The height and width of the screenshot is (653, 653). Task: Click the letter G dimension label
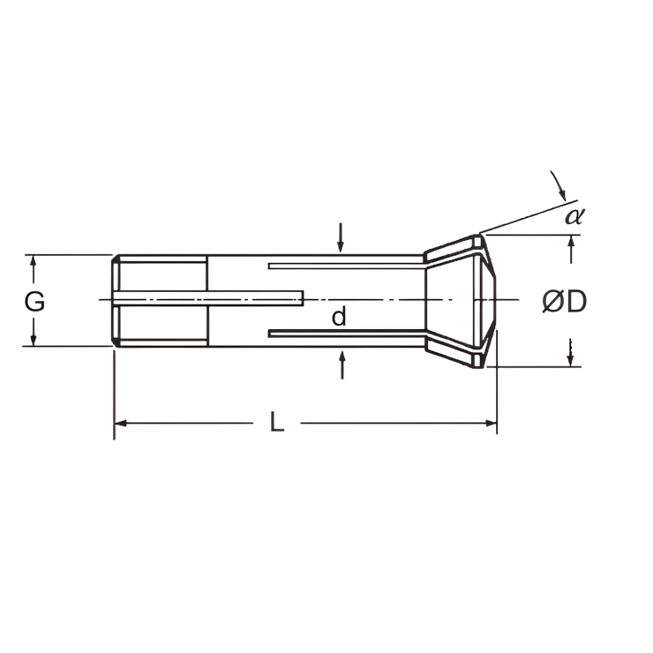[x=34, y=302]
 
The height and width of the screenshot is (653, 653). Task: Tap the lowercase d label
[x=339, y=318]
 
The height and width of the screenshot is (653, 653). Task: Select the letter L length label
[x=277, y=424]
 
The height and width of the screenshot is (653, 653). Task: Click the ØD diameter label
[x=565, y=303]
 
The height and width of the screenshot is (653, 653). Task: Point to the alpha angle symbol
[x=574, y=214]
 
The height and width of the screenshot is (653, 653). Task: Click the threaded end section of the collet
[x=161, y=301]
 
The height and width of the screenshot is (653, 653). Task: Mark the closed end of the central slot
[x=302, y=300]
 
